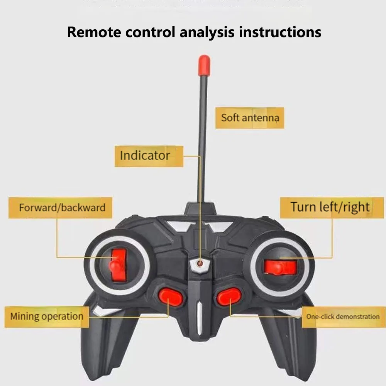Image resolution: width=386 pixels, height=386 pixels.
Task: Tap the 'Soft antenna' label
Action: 250,117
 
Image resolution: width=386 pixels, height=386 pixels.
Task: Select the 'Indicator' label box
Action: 145,156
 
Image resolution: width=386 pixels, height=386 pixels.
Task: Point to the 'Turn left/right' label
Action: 330,207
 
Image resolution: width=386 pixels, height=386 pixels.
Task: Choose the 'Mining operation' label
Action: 47,317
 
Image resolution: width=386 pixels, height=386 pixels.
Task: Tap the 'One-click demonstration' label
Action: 343,317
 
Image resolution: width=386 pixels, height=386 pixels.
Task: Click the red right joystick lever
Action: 280,267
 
